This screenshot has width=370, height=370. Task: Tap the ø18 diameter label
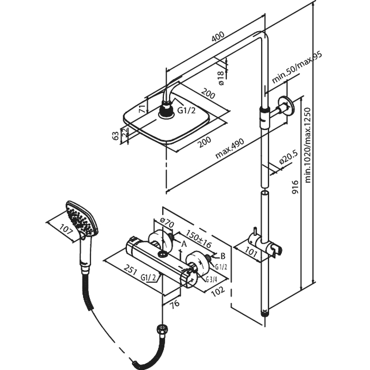tap(220, 78)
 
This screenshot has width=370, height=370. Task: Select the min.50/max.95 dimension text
tap(297, 68)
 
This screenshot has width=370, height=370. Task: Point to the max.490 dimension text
tap(229, 148)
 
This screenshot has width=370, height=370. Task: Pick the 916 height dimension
tap(295, 187)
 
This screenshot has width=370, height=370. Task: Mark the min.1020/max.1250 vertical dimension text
tap(308, 145)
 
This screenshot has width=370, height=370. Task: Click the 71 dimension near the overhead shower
tap(142, 109)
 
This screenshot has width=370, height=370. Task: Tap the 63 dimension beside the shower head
tap(116, 136)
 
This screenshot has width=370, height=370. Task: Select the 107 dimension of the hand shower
tap(66, 229)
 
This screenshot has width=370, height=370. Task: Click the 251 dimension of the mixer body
tap(131, 270)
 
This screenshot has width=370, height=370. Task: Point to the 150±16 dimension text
tap(199, 238)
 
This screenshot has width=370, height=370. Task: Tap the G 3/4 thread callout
tap(211, 280)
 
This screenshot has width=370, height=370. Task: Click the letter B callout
tap(223, 256)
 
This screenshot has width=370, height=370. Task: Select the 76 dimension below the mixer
tap(175, 304)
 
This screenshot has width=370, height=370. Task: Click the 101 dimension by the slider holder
tap(250, 252)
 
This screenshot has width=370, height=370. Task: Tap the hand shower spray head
tap(82, 218)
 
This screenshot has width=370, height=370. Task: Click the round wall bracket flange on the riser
tap(286, 106)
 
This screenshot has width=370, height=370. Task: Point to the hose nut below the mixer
tap(162, 329)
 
